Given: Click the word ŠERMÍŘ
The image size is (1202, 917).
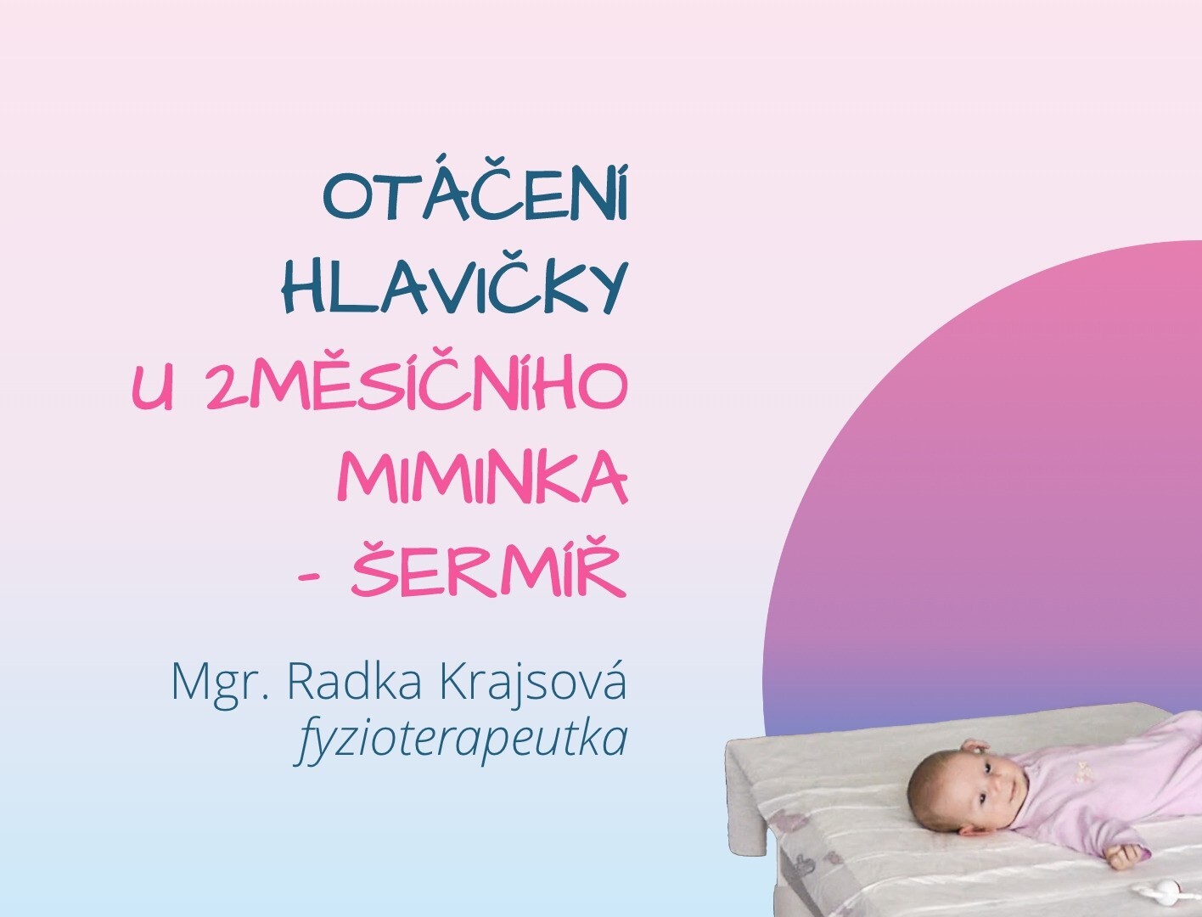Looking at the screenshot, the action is [488, 570].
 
